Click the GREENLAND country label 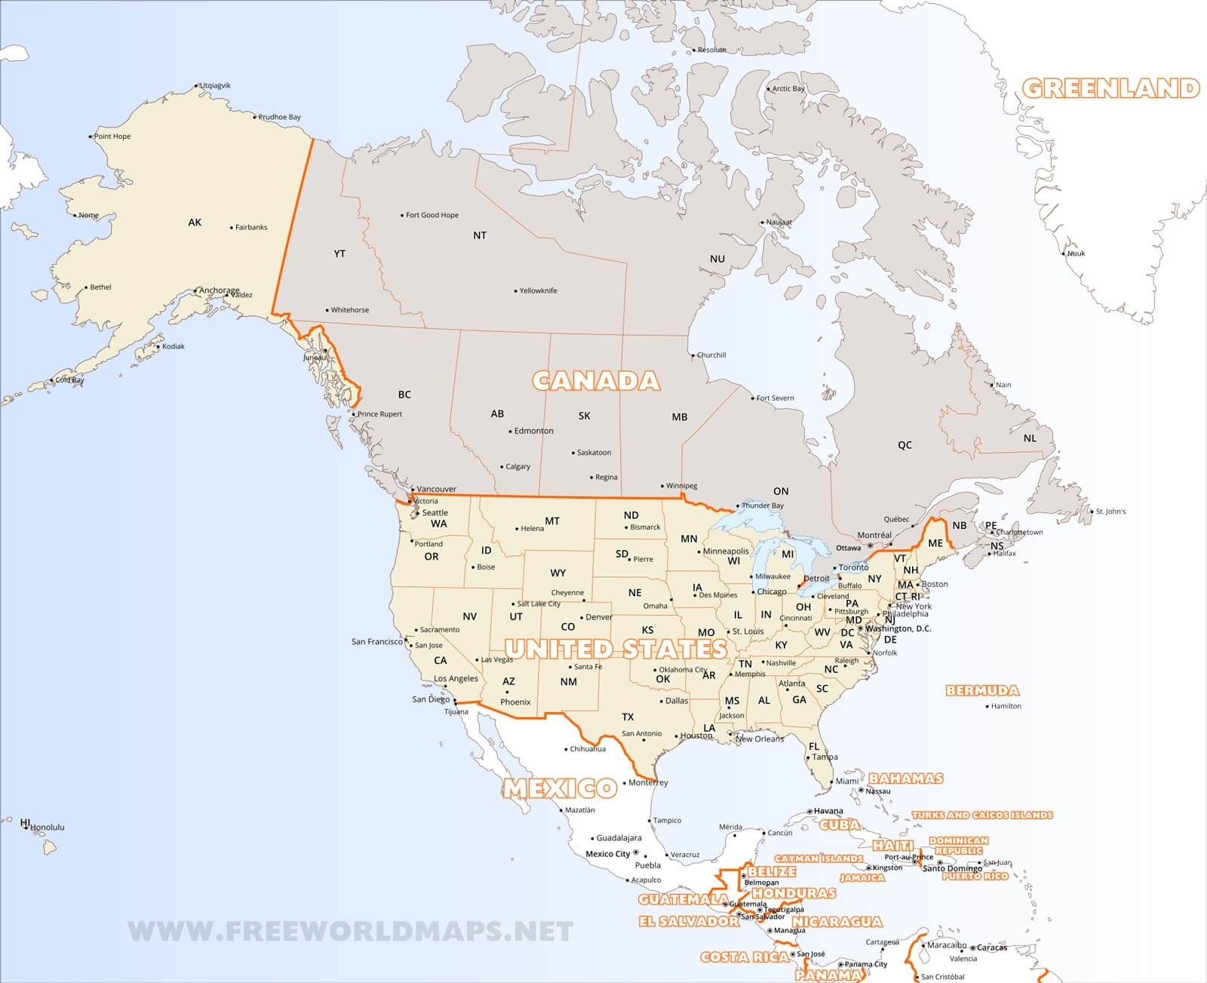point(1110,88)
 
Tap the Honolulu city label point(47,827)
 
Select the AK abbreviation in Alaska point(195,222)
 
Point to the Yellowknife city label point(538,290)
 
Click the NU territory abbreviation point(717,259)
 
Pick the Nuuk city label point(1076,253)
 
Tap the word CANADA point(596,380)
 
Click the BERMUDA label point(982,690)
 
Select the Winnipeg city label point(682,486)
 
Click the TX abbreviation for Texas point(628,717)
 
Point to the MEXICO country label point(560,788)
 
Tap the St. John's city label point(1110,511)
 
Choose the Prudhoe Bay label point(279,117)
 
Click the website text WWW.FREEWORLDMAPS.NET point(351,932)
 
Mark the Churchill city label point(711,355)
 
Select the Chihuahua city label point(588,749)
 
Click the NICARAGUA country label point(837,921)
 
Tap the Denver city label point(599,617)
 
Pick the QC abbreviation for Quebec point(904,445)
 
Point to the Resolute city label point(711,50)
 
